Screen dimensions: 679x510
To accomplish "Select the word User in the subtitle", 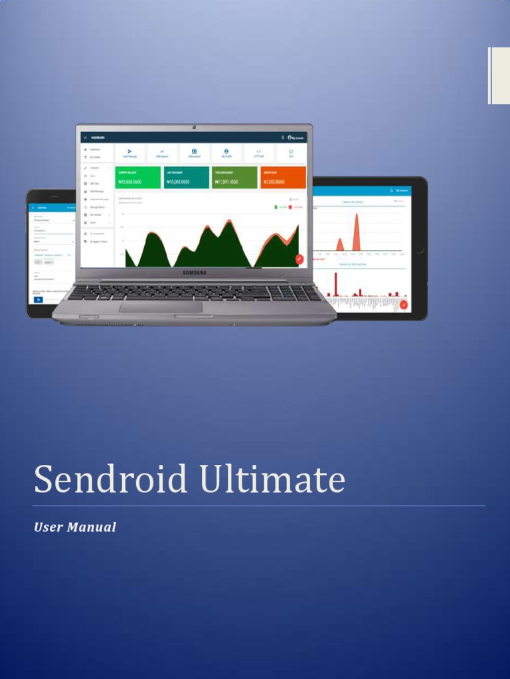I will (x=48, y=527).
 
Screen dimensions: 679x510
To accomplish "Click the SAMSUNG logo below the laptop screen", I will (x=194, y=272).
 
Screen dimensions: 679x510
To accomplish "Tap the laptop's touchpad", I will (x=161, y=307).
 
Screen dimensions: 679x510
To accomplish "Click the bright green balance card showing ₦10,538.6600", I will (x=138, y=177).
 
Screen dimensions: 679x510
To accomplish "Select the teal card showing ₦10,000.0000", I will (x=186, y=177).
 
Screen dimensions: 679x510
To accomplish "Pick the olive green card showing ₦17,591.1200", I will (x=234, y=177).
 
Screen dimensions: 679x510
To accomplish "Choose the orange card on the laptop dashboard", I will (x=283, y=177).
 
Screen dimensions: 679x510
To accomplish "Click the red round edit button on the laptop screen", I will (x=299, y=259).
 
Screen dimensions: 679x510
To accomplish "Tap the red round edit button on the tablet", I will (x=403, y=304).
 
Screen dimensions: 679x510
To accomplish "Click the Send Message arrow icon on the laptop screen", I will (x=129, y=151).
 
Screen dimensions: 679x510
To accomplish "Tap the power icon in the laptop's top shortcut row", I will (x=291, y=151).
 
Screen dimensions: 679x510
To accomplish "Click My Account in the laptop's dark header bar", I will (x=296, y=137).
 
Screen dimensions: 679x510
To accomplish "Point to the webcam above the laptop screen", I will (x=194, y=127).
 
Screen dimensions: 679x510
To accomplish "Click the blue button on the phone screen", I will (x=38, y=300).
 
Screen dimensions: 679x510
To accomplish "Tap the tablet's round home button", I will (x=419, y=249).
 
